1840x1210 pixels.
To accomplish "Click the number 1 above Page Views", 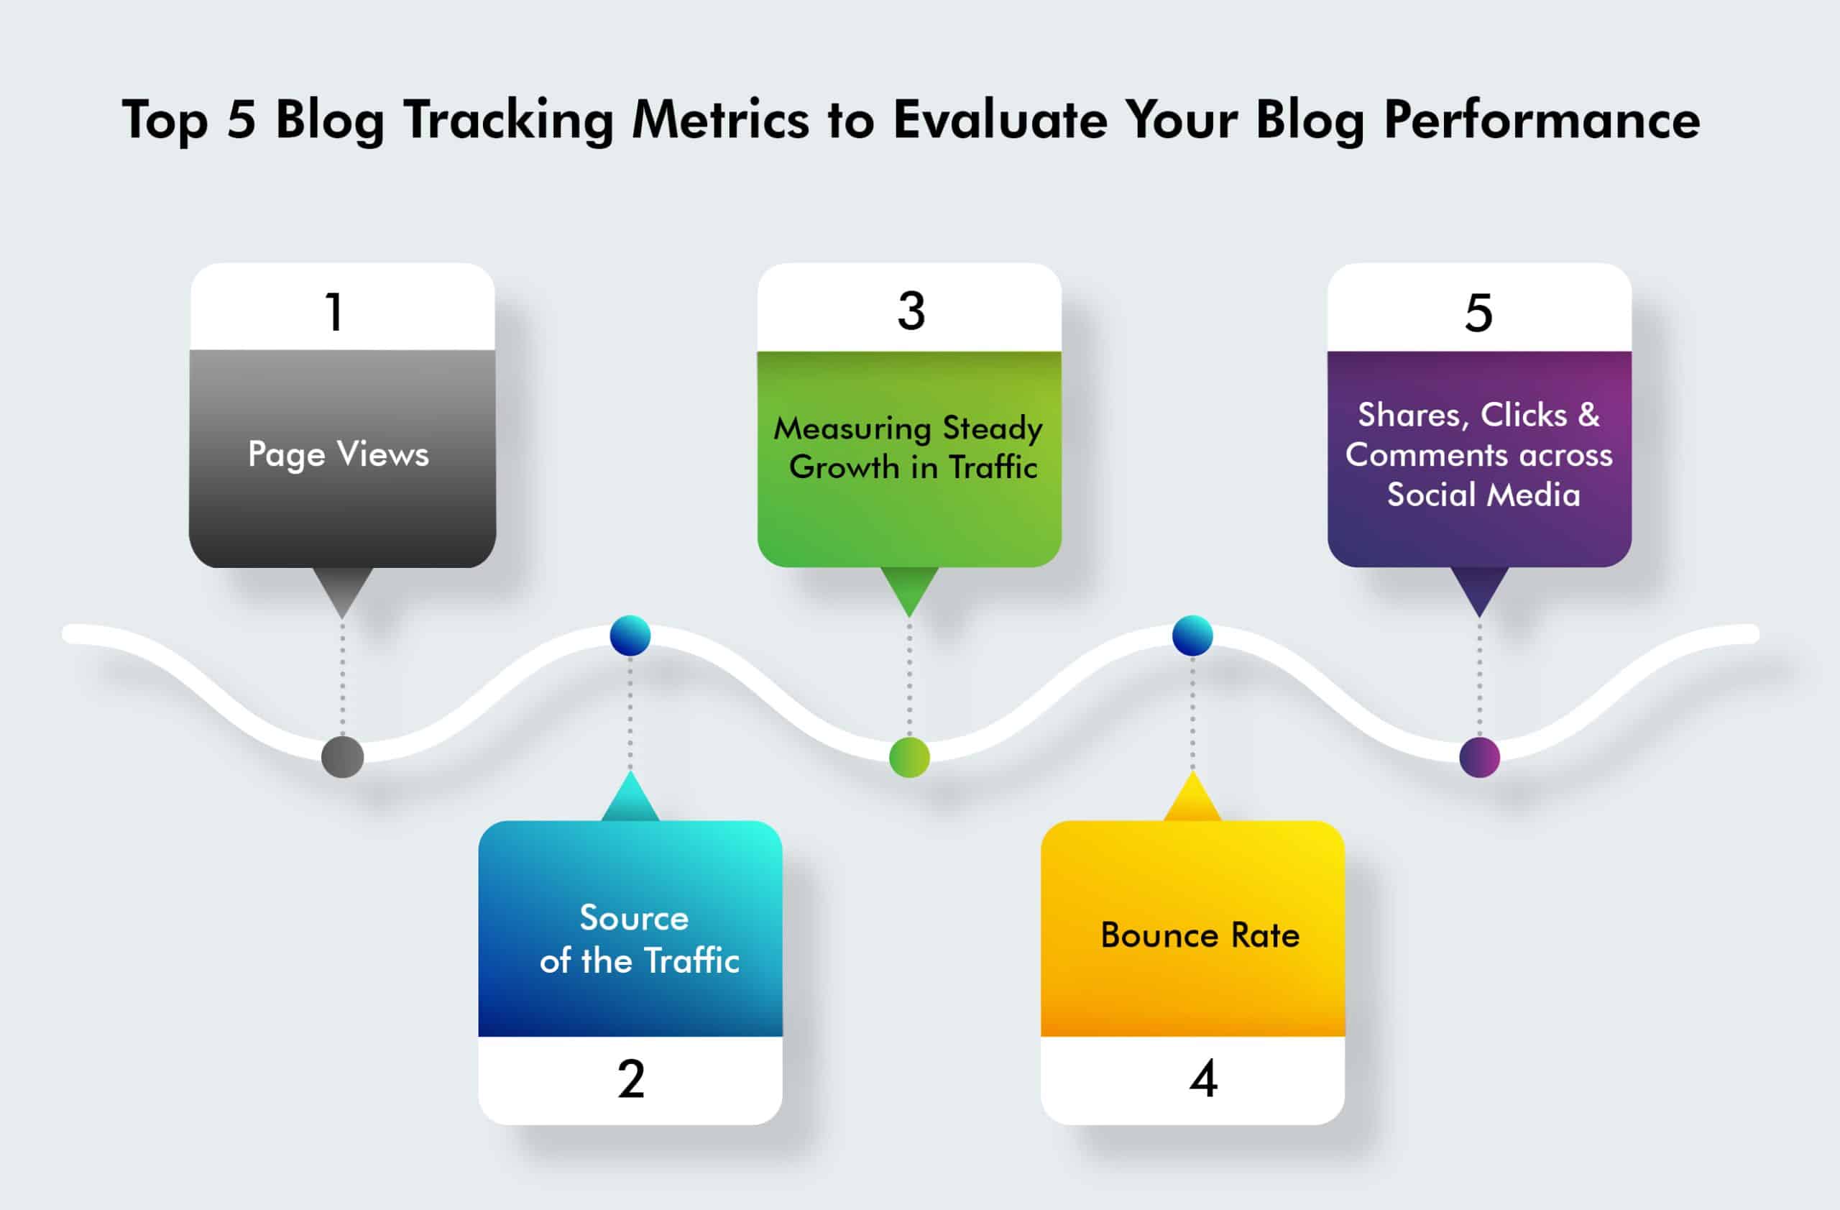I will pos(334,312).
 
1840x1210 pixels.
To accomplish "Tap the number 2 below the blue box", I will pos(631,1078).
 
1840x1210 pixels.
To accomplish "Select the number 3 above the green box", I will pos(911,311).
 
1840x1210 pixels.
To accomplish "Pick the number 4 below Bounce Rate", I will pos(1203,1078).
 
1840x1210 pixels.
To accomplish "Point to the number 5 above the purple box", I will pos(1478,313).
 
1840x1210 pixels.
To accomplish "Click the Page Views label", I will pos(339,454).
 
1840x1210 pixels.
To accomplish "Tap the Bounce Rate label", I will pos(1200,935).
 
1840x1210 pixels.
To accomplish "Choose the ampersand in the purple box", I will pos(1588,415).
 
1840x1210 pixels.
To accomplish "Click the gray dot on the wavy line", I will pos(343,756).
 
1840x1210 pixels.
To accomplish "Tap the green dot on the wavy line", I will pos(909,757).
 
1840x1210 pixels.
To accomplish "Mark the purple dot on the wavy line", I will pos(1479,757).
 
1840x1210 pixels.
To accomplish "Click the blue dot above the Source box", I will pos(630,636).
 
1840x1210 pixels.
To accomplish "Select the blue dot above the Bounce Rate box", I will pos(1192,636).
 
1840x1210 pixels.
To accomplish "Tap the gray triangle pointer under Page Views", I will pos(343,589).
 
